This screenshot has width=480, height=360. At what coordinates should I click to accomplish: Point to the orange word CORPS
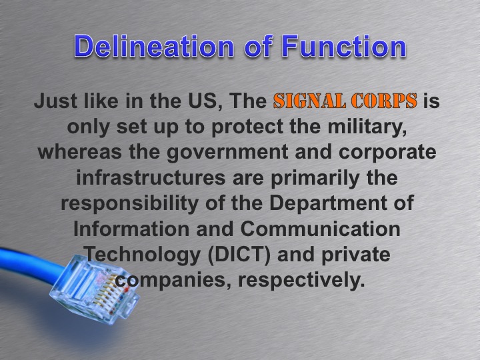(x=381, y=102)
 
